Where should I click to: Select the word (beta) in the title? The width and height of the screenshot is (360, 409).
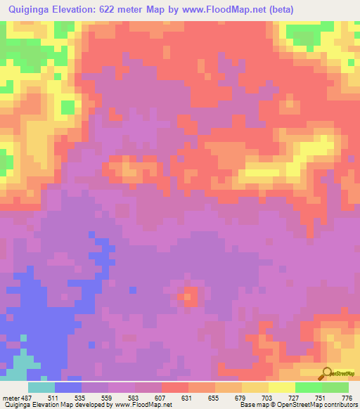[x=278, y=9]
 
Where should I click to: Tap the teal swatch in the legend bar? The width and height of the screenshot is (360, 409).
[x=41, y=387]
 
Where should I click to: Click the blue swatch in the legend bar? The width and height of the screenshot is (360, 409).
[x=68, y=387]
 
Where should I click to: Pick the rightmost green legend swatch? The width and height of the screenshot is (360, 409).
[x=335, y=387]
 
